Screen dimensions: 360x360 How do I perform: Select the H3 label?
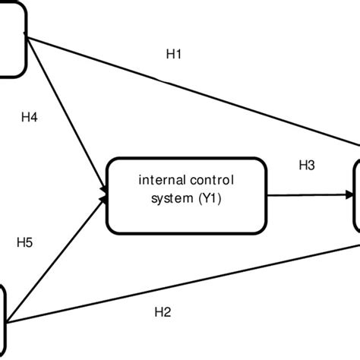[307, 166]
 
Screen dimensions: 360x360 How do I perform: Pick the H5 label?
[26, 244]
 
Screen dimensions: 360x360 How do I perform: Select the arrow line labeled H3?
[304, 194]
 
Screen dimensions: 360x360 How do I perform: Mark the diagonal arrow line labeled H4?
[68, 114]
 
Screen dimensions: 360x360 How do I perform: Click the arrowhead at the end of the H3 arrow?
[350, 195]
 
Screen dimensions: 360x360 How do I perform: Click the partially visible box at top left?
[11, 38]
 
